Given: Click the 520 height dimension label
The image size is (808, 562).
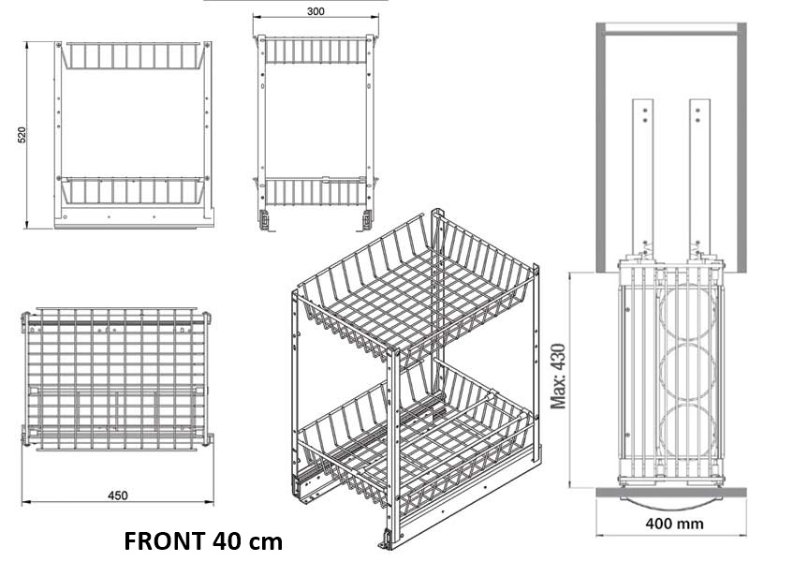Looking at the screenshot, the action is (x=22, y=135).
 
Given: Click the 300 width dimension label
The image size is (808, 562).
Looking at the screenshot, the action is (x=316, y=11).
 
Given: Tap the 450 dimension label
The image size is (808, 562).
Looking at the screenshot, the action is (x=117, y=495).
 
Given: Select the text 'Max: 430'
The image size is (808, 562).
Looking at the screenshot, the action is (x=559, y=376).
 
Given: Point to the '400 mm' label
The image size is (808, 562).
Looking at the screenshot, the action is (x=674, y=524).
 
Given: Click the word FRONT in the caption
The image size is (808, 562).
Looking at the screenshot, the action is (x=165, y=541).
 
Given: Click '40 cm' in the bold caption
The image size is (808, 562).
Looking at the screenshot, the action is (x=247, y=541).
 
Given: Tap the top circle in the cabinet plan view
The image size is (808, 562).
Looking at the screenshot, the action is (x=687, y=312).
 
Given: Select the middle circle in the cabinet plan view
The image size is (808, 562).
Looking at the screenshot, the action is (x=687, y=372).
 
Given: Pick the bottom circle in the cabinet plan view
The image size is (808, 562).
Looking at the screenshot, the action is (x=687, y=432).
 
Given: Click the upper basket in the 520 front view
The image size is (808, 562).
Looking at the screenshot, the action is (x=132, y=55).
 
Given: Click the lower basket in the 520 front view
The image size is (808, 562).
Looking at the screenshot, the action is (x=132, y=191).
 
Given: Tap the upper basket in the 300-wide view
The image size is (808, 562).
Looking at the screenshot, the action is (x=316, y=51).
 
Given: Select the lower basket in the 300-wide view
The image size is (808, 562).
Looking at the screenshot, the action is (x=316, y=192).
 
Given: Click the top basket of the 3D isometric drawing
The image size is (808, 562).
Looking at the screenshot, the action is (x=416, y=294).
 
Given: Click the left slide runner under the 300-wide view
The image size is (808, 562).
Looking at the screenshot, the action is (x=264, y=220).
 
